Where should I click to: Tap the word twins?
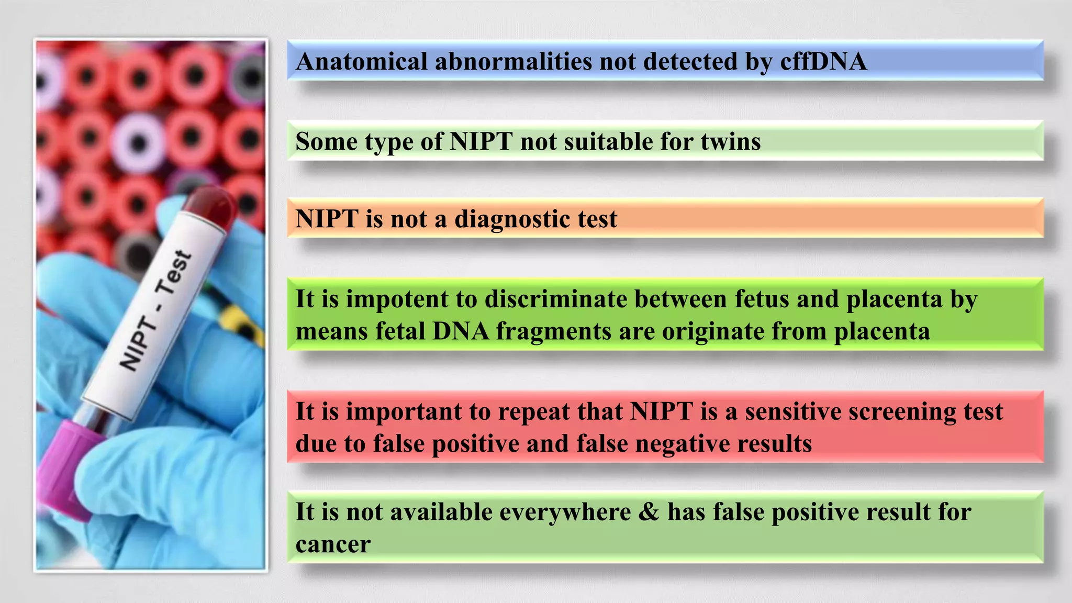click(x=730, y=141)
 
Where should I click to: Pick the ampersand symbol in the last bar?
click(x=649, y=512)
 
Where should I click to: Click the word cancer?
click(x=333, y=544)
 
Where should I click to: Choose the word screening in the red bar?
click(x=901, y=411)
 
